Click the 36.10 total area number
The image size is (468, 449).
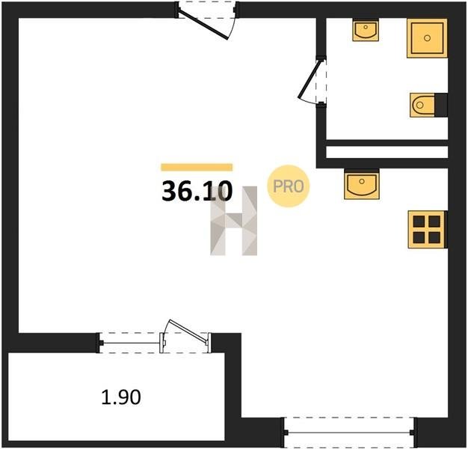(197, 191)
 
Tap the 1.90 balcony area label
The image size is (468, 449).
(121, 397)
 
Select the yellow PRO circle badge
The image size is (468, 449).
(289, 186)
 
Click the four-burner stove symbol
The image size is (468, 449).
(427, 230)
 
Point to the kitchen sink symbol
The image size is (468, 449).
(362, 184)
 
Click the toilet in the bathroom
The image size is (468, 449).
(422, 106)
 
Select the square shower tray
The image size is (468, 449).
(427, 38)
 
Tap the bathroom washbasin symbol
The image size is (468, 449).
(366, 30)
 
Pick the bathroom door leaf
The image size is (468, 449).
(310, 79)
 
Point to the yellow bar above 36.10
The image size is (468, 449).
(197, 168)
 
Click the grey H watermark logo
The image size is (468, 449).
(234, 221)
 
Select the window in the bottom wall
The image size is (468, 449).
(349, 432)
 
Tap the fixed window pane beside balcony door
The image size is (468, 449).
(131, 343)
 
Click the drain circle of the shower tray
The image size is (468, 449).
(427, 38)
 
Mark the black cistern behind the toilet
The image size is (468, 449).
(441, 106)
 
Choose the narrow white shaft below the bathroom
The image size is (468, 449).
(387, 152)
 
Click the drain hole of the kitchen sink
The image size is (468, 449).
(362, 181)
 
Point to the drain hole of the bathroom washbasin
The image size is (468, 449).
(366, 27)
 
